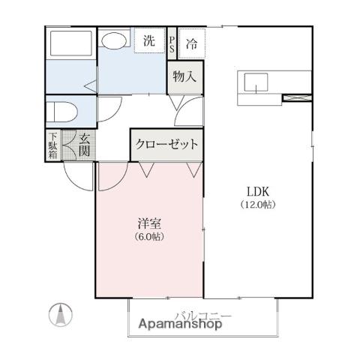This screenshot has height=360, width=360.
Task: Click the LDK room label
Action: pos(258,192)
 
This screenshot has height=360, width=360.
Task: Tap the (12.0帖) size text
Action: pos(258,205)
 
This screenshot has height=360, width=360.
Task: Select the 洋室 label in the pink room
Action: pos(149,223)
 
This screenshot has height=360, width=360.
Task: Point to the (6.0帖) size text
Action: pos(149,236)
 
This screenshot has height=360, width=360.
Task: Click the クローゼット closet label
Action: pos(166,144)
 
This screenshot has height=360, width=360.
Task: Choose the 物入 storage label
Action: pos(184,76)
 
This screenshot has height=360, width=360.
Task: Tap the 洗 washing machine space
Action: pos(149,40)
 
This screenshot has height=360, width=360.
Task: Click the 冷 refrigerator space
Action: pos(192,43)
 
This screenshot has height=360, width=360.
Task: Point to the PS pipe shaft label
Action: pos(172,44)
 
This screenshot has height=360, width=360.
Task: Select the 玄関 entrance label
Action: pos(84,145)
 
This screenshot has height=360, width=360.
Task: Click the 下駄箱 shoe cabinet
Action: pos(52,145)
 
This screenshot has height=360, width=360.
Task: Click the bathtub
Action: pos(71,43)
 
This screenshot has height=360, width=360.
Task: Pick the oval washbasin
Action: pos(114,40)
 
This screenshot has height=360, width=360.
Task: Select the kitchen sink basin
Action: pos(256,82)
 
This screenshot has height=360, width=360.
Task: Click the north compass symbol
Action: pos(61,314)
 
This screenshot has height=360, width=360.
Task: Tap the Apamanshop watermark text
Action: pos(180,324)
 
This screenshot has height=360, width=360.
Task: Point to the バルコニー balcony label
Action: pos(203,315)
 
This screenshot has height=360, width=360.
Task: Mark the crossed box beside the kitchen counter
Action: pos(297,97)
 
